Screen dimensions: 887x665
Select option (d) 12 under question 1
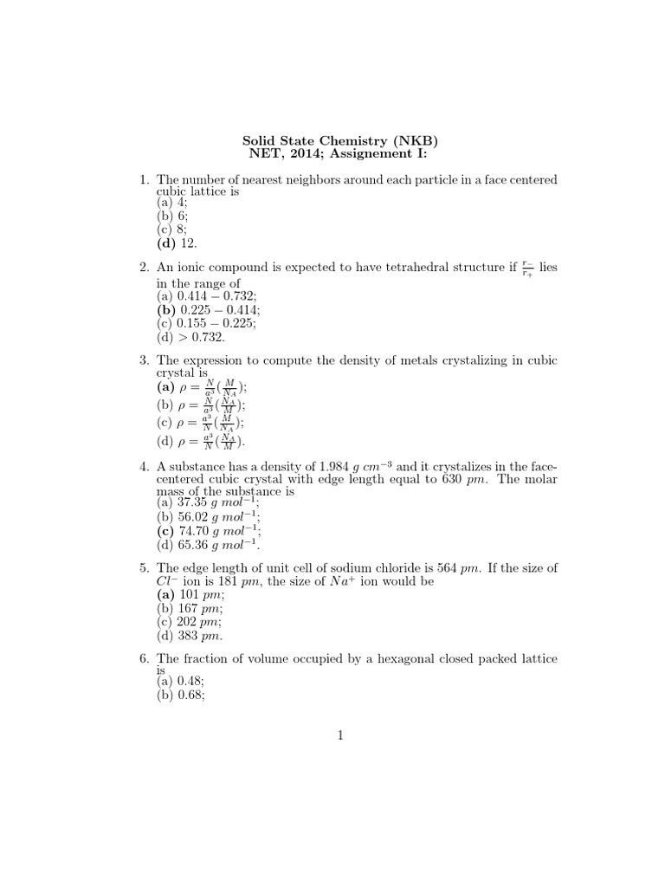point(177,244)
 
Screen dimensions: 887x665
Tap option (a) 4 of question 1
point(171,203)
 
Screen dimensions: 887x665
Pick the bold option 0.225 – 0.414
point(208,309)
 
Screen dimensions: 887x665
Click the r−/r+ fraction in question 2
point(529,269)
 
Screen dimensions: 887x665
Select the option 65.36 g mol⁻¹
point(208,545)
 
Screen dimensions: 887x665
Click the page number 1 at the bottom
point(342,737)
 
